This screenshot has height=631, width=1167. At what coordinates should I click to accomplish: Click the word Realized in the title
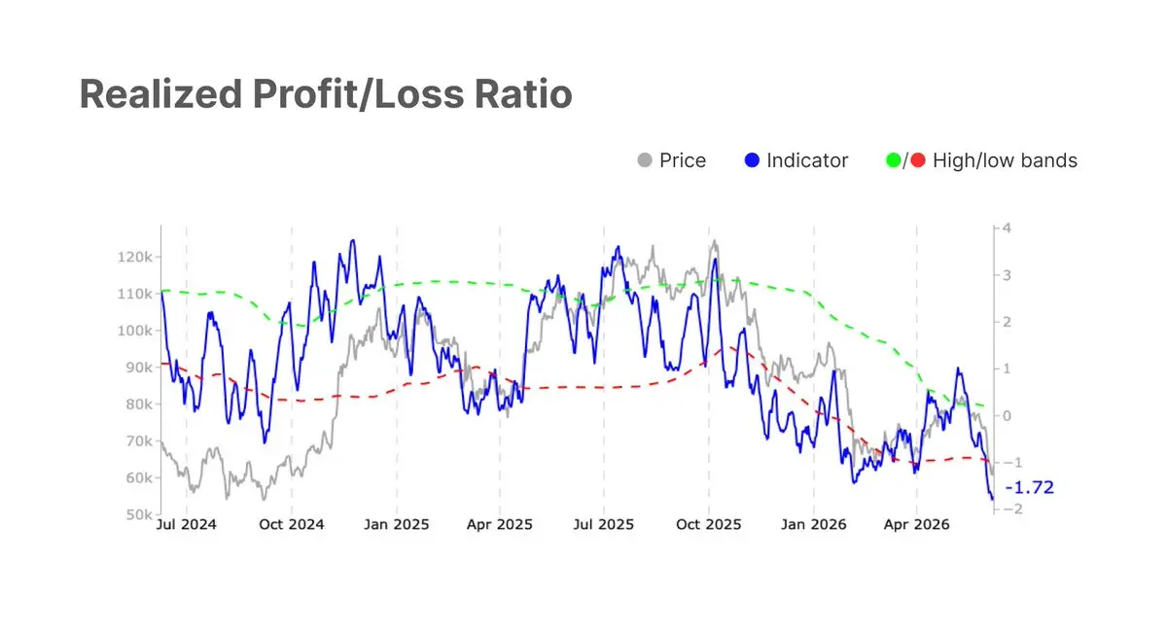click(161, 94)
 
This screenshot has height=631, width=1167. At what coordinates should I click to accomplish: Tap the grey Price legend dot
click(645, 160)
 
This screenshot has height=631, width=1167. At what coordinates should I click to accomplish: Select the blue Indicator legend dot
click(752, 160)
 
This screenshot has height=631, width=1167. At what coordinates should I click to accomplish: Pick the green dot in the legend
click(894, 160)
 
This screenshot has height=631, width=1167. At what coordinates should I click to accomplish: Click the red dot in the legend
click(918, 160)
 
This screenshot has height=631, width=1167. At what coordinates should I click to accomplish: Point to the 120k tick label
click(135, 257)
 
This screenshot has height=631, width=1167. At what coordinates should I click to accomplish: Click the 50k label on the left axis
click(139, 514)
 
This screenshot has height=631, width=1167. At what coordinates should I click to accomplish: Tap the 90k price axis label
click(139, 368)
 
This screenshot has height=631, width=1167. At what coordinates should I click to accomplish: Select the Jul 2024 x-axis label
click(186, 524)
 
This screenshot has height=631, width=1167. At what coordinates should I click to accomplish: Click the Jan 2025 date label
click(397, 524)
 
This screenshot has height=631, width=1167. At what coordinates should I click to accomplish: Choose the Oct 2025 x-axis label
click(709, 524)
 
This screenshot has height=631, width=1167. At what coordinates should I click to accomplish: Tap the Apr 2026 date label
click(916, 524)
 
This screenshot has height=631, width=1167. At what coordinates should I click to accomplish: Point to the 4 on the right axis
click(1007, 228)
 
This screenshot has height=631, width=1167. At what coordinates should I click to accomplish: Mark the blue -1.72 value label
click(1029, 488)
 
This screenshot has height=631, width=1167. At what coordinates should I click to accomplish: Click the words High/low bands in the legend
click(1005, 160)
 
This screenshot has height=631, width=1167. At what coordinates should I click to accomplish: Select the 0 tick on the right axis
click(1007, 416)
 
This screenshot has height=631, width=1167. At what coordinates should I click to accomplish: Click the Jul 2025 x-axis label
click(604, 524)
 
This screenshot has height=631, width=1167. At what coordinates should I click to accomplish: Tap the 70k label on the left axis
click(139, 441)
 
